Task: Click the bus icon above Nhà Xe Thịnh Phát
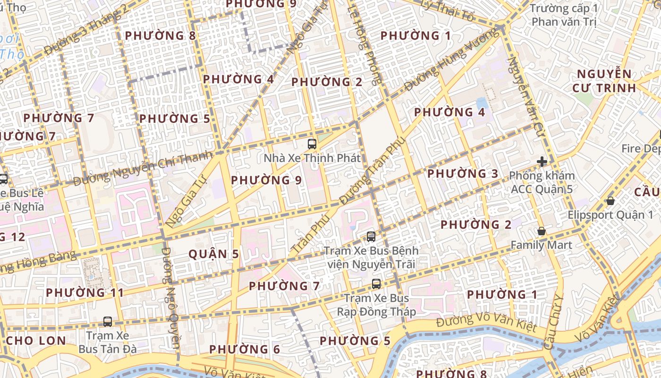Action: [x=312, y=144]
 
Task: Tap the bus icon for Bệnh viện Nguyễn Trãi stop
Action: [x=371, y=236]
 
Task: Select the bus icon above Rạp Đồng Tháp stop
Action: [x=376, y=283]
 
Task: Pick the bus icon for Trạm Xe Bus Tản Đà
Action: [x=108, y=322]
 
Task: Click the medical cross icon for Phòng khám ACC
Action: [x=542, y=162]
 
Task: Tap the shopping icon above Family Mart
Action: [x=541, y=231]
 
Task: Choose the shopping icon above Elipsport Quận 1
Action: [x=610, y=201]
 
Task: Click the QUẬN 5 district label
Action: [x=214, y=254]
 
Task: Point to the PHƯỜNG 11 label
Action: [x=85, y=292]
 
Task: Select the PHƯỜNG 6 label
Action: [x=245, y=350]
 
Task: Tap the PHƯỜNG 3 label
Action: [x=463, y=174]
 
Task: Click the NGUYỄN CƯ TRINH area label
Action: [x=604, y=81]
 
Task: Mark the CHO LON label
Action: [x=36, y=341]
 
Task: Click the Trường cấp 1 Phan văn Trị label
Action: [x=564, y=15]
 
